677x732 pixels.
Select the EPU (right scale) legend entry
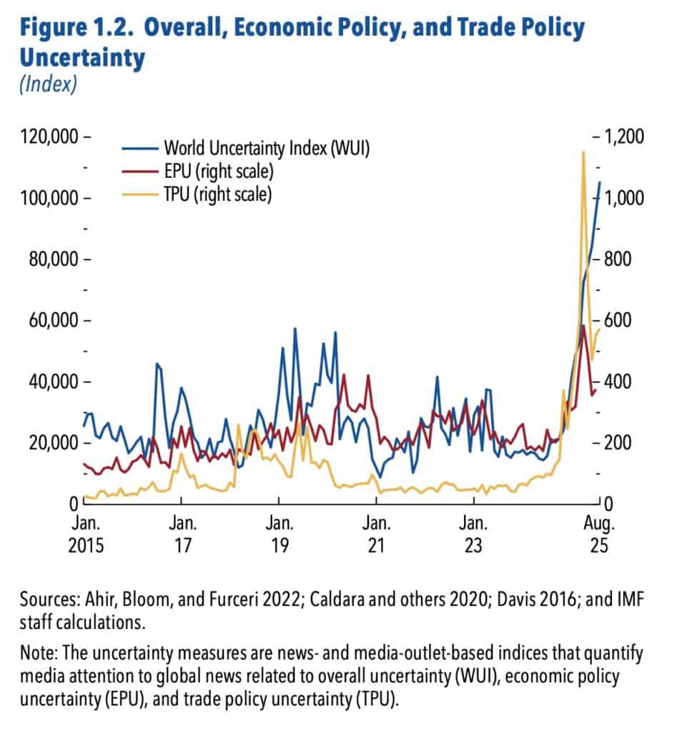219,172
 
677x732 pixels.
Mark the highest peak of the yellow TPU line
584,152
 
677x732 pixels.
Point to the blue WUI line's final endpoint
600,182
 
